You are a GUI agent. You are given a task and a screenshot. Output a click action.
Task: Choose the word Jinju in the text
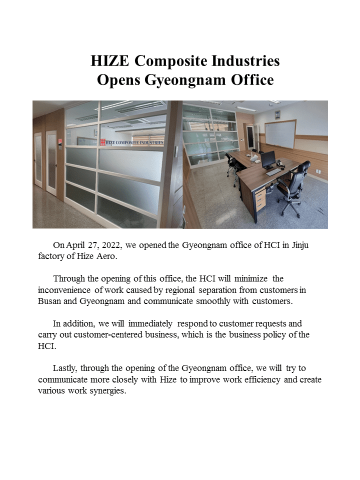303,245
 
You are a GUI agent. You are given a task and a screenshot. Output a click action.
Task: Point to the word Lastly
64,368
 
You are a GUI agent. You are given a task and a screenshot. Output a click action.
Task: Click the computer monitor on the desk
267,159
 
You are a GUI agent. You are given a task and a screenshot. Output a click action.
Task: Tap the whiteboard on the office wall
280,134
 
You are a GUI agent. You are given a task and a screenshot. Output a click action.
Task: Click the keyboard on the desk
273,172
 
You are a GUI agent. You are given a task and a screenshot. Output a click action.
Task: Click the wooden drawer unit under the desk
260,198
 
